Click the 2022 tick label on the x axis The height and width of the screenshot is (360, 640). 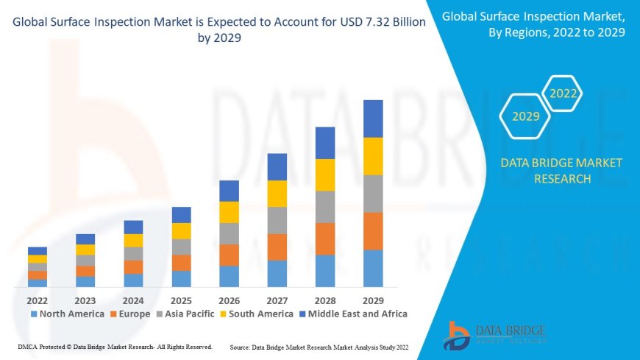click(x=38, y=300)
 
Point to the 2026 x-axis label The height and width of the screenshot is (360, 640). click(x=229, y=300)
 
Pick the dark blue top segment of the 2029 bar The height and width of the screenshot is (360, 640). click(x=373, y=119)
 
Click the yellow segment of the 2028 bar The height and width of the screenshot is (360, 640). click(x=325, y=174)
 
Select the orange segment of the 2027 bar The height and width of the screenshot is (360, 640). click(x=277, y=247)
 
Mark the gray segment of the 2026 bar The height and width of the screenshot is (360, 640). click(x=229, y=233)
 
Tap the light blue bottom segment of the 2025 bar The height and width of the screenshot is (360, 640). click(x=181, y=278)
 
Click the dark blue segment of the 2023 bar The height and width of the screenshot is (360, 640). click(x=85, y=239)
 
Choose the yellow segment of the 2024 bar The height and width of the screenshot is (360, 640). click(x=133, y=240)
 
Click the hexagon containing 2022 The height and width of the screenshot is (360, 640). click(x=563, y=93)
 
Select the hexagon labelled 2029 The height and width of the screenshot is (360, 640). click(x=526, y=116)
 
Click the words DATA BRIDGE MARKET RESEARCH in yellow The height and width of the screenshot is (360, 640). click(x=561, y=171)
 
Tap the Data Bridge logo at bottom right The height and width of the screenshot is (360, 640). click(x=494, y=335)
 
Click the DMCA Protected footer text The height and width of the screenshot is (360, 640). click(x=114, y=346)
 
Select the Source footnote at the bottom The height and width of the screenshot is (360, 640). click(x=319, y=346)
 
